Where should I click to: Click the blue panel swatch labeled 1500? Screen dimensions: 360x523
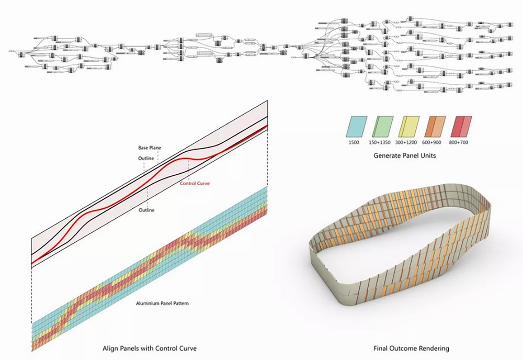click(356, 126)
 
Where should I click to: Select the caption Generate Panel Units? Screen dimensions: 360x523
click(405, 155)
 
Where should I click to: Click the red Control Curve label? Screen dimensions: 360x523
click(195, 184)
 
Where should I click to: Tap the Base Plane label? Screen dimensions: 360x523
click(149, 148)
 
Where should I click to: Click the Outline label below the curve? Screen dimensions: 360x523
click(147, 210)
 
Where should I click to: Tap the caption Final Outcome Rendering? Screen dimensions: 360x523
click(411, 348)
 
